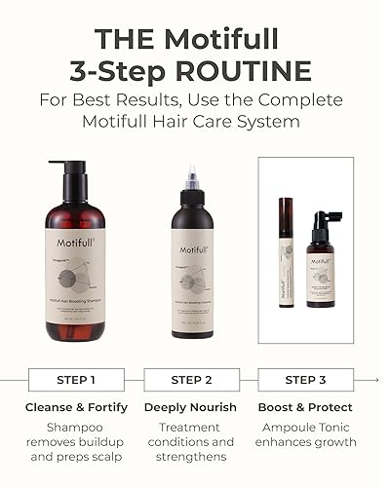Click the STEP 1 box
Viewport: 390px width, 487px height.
click(x=77, y=379)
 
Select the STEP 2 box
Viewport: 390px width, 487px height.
click(x=191, y=379)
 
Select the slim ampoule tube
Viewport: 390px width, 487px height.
click(x=286, y=251)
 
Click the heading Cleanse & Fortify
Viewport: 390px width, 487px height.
click(x=77, y=407)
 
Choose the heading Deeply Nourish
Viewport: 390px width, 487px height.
click(x=191, y=407)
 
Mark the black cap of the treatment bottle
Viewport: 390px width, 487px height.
click(x=192, y=205)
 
